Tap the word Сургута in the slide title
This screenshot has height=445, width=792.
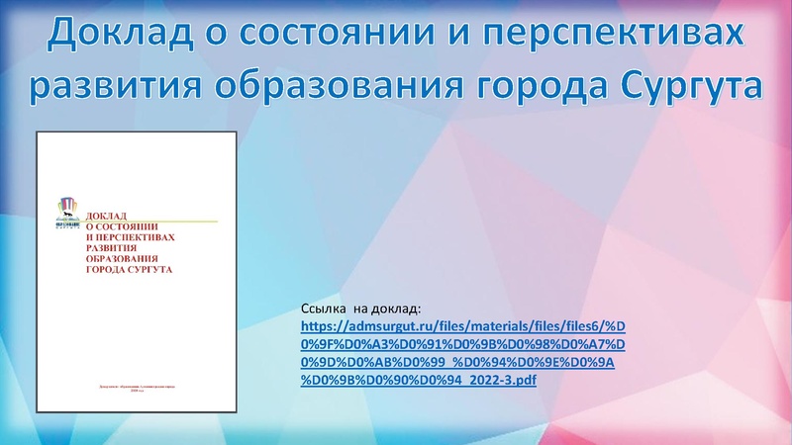point(693,87)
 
